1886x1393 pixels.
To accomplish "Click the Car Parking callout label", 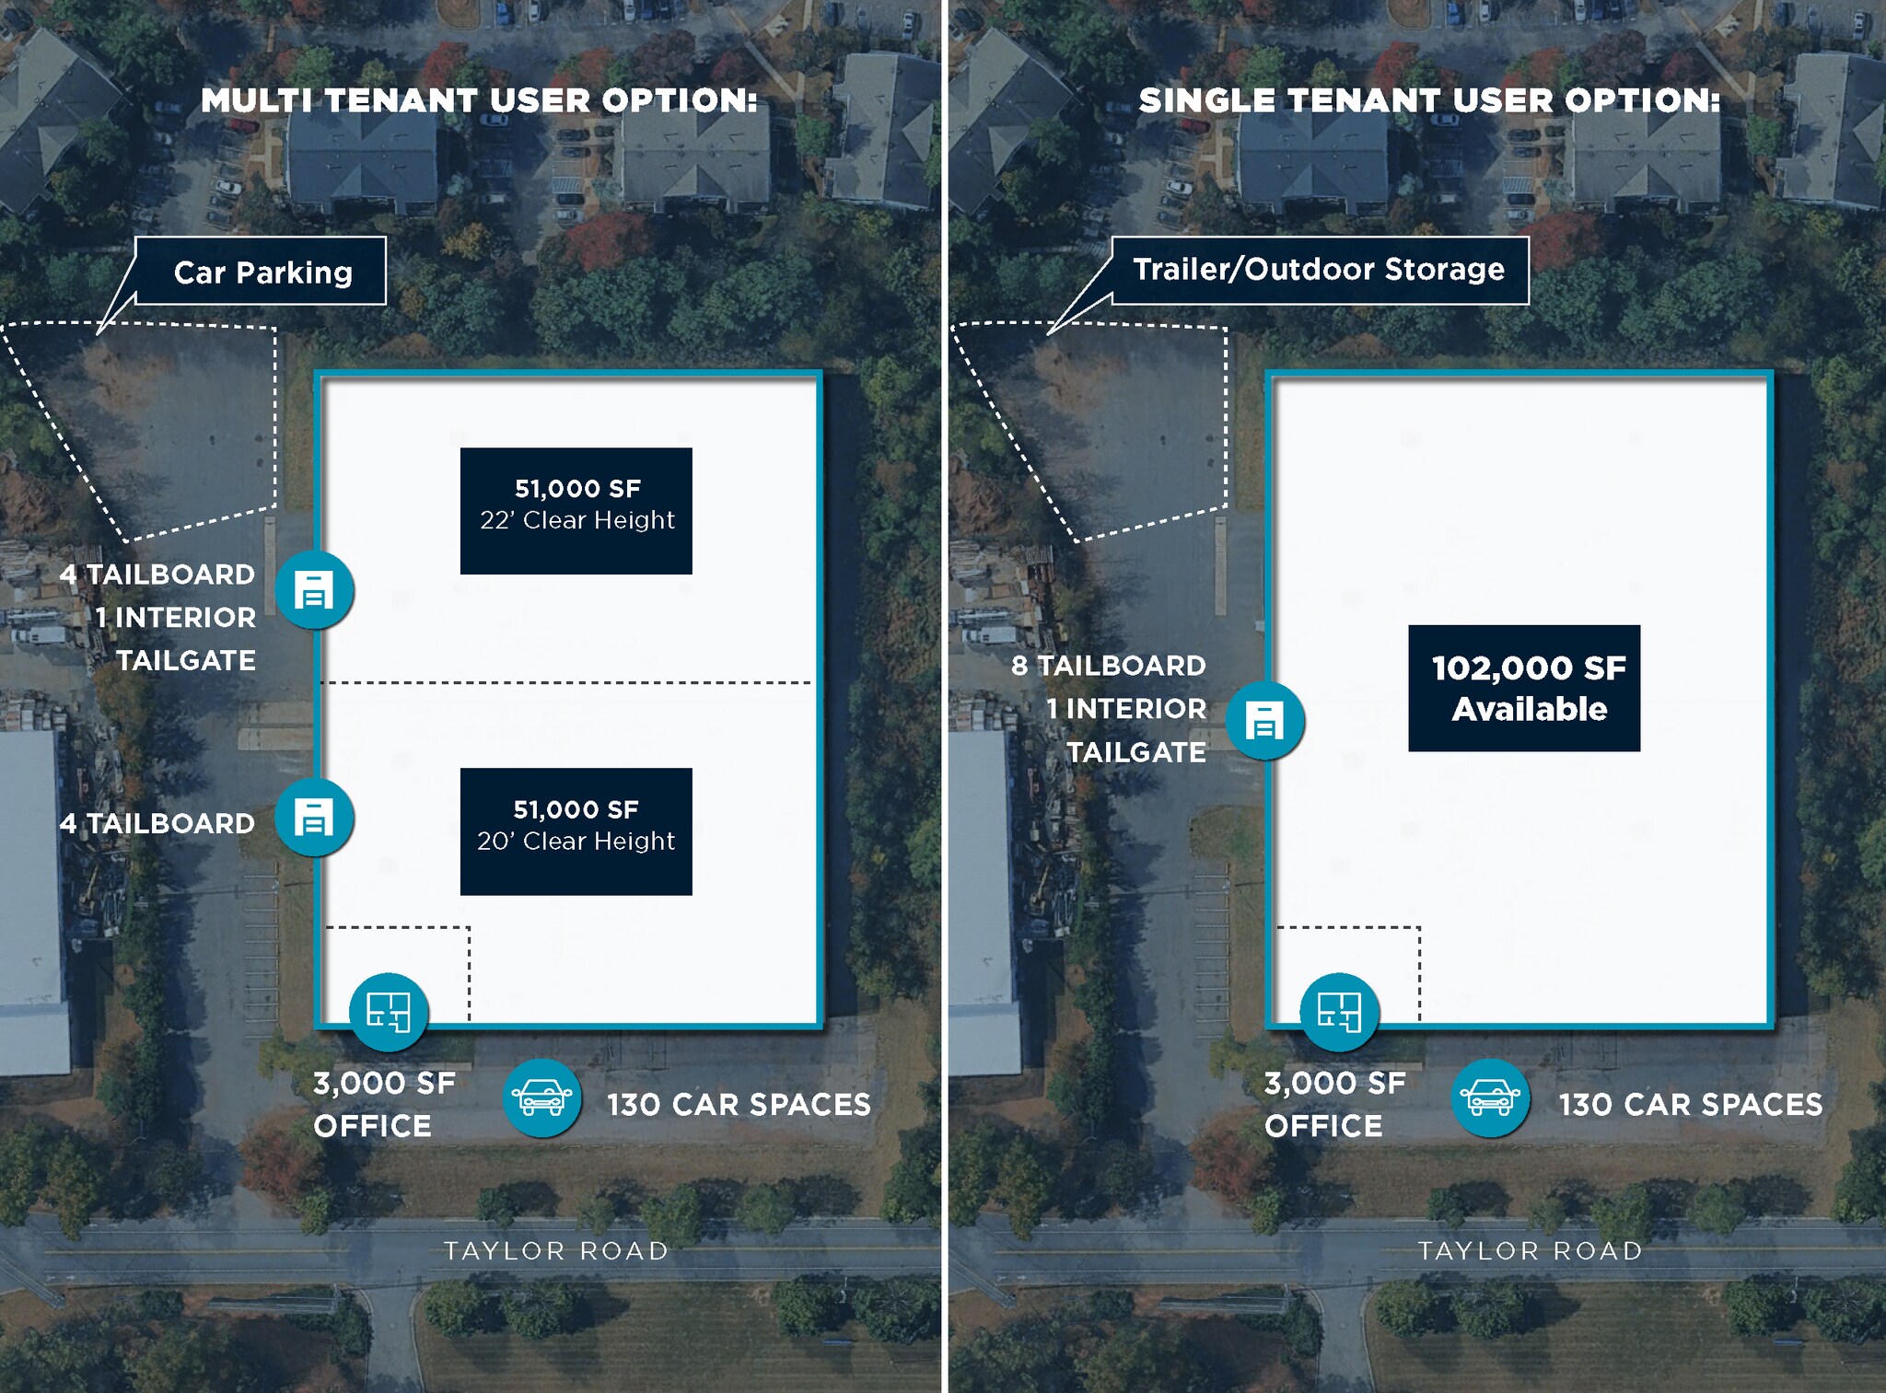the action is [261, 271].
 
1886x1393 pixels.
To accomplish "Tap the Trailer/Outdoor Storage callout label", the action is [1320, 270].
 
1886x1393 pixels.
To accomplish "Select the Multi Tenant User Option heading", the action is [479, 100].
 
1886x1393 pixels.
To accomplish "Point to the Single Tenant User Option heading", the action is [1429, 100].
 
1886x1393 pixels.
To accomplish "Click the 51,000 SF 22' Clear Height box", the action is [576, 511].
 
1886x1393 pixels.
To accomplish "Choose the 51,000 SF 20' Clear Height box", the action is [576, 831].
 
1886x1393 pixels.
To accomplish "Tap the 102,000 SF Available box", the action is [1524, 688].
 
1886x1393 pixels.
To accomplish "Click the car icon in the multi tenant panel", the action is [542, 1097].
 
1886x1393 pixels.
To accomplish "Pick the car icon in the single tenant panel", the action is [1491, 1097].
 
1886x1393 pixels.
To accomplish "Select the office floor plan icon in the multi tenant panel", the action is [389, 1012].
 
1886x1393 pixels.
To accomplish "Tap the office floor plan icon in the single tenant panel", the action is [1339, 1012].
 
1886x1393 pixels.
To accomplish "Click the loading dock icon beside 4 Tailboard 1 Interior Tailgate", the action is [314, 590].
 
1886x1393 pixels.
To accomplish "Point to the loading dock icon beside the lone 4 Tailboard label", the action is [314, 818].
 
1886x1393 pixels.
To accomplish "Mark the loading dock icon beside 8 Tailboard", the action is [1265, 720].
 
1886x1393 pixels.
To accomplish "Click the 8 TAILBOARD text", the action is [1108, 666].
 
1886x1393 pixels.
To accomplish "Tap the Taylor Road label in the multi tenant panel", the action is [556, 1250].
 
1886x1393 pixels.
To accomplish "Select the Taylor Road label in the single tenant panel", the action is [1530, 1250].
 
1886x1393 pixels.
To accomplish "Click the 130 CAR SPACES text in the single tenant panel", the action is [1691, 1104].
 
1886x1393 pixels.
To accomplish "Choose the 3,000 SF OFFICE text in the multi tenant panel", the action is [385, 1104].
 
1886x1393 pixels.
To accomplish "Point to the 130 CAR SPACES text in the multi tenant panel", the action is [739, 1104].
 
